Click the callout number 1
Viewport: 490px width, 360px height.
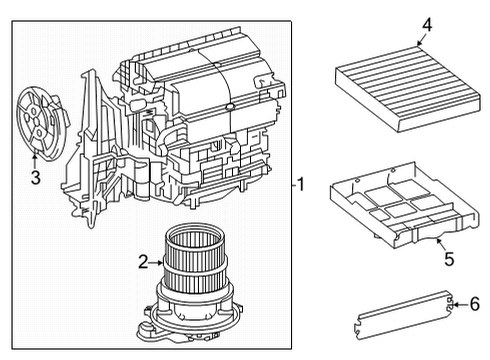(302, 184)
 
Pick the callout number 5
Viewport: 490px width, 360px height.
(449, 259)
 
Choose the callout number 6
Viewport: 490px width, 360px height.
(474, 304)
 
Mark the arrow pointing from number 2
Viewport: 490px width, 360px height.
(157, 262)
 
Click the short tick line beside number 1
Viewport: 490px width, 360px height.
(292, 184)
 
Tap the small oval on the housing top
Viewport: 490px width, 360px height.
(231, 104)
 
